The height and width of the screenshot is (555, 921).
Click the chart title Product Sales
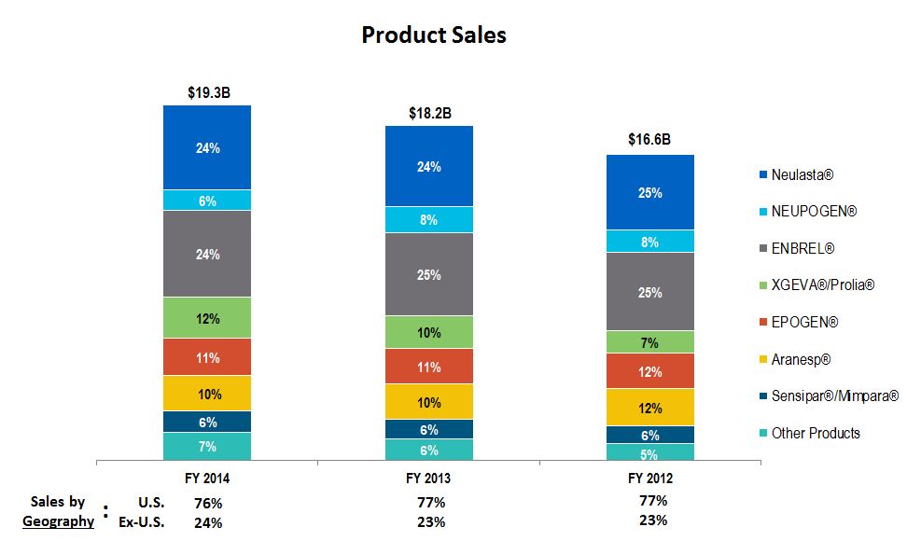click(x=433, y=35)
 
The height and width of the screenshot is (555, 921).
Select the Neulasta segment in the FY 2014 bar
click(x=207, y=147)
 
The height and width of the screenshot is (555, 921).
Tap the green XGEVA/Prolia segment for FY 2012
click(x=650, y=342)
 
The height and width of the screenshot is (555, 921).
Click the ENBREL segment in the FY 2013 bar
click(x=429, y=274)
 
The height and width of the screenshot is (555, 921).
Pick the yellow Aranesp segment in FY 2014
click(x=207, y=393)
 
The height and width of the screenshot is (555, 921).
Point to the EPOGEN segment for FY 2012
click(x=650, y=371)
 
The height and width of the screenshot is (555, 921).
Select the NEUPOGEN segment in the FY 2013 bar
click(x=429, y=220)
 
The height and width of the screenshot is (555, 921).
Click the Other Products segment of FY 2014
click(x=207, y=447)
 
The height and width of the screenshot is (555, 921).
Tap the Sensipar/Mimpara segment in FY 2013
click(x=429, y=429)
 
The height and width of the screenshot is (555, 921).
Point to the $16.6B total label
click(x=649, y=140)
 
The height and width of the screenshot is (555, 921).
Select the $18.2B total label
click(x=430, y=113)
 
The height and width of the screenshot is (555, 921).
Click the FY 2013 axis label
click(x=429, y=479)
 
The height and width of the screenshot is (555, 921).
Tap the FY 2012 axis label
click(x=650, y=479)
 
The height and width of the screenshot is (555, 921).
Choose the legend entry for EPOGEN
click(x=804, y=323)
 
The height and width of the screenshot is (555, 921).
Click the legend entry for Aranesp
click(x=800, y=359)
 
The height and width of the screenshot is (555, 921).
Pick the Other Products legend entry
click(x=815, y=433)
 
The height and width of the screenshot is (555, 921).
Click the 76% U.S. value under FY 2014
click(x=207, y=504)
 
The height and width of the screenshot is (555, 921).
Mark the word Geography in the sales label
click(x=58, y=521)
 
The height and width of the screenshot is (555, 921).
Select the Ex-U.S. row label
click(x=142, y=522)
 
